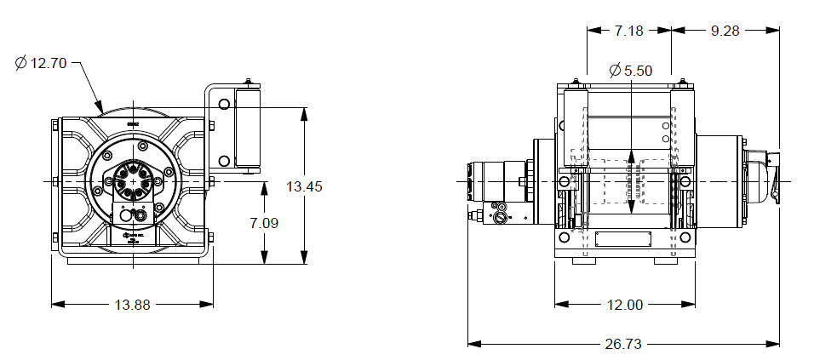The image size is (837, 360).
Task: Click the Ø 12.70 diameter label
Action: tap(42, 63)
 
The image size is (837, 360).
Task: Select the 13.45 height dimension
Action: tap(304, 186)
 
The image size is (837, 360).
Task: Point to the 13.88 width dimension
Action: tap(131, 304)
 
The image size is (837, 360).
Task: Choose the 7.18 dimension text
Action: tap(628, 30)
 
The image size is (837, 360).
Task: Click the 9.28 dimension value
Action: tap(725, 30)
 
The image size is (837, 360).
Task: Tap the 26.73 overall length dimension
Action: tap(622, 344)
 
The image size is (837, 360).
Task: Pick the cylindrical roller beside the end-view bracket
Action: tap(249, 129)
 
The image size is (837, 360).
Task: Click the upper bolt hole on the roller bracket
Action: tap(224, 105)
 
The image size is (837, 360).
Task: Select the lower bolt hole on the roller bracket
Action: tap(224, 161)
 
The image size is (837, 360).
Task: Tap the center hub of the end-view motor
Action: tap(133, 181)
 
